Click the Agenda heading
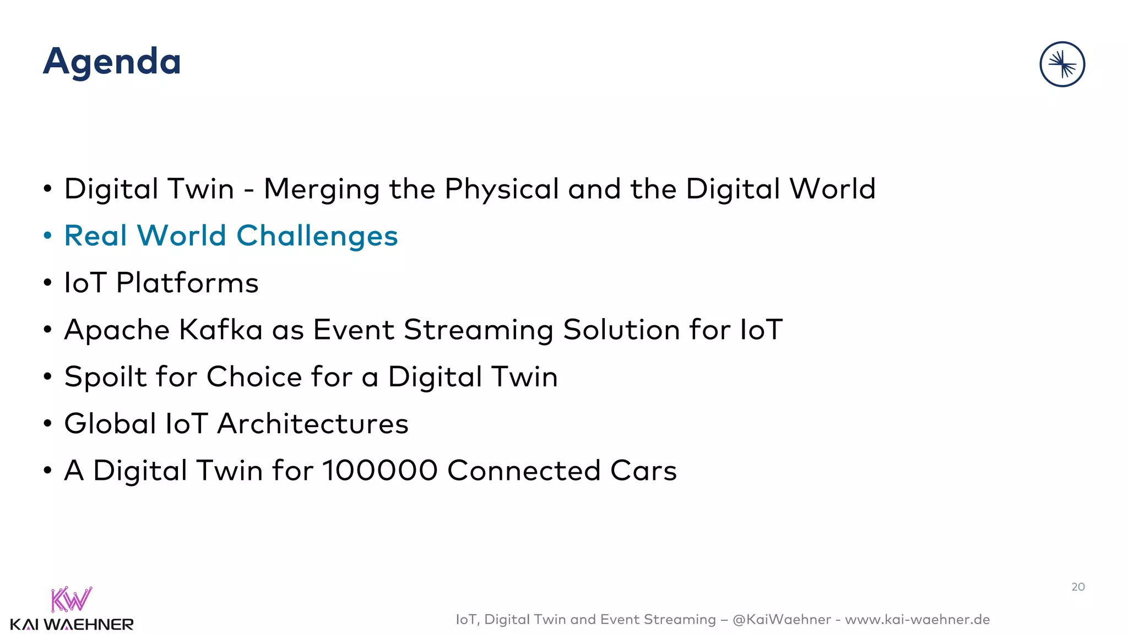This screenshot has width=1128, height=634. [x=112, y=62]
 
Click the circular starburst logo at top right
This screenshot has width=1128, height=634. [x=1062, y=64]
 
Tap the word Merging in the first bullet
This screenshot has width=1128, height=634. [x=322, y=190]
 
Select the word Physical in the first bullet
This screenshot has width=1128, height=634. [x=502, y=190]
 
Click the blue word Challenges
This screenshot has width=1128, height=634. [x=317, y=237]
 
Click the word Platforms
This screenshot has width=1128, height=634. [x=187, y=283]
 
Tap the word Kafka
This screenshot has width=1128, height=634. [x=221, y=330]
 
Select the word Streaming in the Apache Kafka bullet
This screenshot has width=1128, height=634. [x=478, y=331]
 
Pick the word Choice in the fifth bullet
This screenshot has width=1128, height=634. [x=254, y=378]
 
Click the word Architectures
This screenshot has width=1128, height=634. [x=313, y=424]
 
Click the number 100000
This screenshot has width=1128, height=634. [x=380, y=471]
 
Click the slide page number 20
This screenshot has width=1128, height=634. [x=1078, y=587]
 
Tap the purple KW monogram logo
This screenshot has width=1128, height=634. [x=72, y=599]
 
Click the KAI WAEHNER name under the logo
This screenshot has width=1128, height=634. [x=72, y=625]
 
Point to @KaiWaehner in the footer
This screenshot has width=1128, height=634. [x=782, y=620]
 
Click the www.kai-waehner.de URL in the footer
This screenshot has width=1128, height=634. [x=917, y=620]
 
